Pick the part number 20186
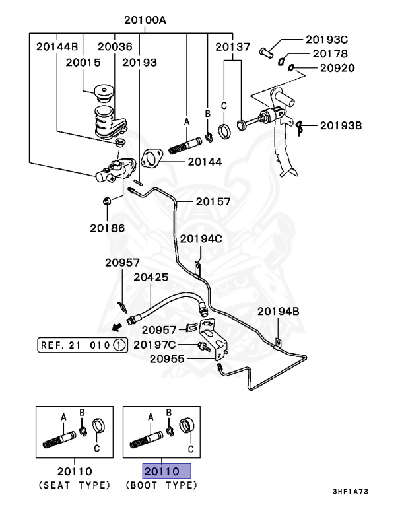[x=107, y=228]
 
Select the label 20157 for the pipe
[x=213, y=201]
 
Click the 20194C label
[x=201, y=238]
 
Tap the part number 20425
[x=151, y=278]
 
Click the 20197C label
[x=154, y=344]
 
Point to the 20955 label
[x=167, y=359]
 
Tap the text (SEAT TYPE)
[x=73, y=485]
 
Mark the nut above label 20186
[x=106, y=201]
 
